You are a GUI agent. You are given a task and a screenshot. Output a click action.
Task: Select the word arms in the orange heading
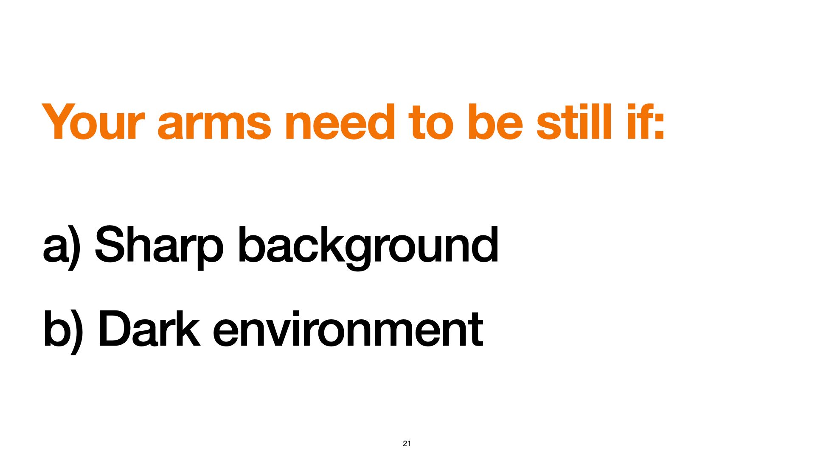pyautogui.click(x=214, y=125)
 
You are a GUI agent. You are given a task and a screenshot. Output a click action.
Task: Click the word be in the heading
pyautogui.click(x=495, y=122)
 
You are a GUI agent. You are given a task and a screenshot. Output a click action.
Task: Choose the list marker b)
pyautogui.click(x=62, y=332)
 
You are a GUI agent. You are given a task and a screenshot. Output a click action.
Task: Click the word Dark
pyautogui.click(x=149, y=328)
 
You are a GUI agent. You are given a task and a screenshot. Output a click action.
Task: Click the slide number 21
pyautogui.click(x=407, y=444)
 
